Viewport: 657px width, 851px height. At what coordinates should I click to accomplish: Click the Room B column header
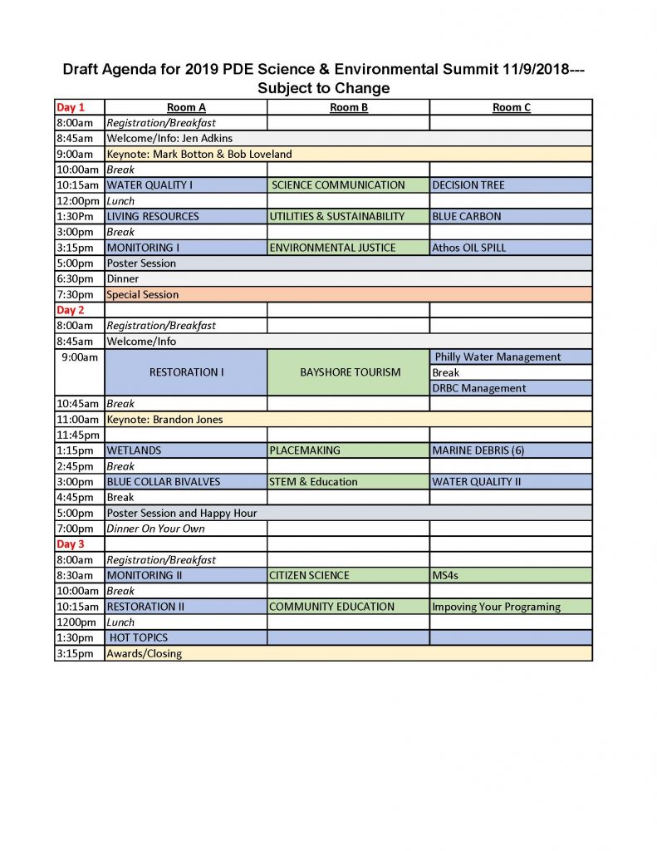coord(349,107)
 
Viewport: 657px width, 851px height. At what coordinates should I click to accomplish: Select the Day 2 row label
coord(71,310)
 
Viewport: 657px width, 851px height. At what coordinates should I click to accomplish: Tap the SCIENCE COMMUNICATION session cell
coord(338,185)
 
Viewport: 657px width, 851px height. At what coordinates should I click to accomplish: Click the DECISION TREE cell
coord(468,185)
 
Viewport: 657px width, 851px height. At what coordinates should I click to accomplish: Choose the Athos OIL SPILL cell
coord(468,248)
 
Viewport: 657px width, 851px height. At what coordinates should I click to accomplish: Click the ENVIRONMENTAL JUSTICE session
coord(332,248)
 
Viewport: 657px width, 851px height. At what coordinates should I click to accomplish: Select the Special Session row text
coord(142,294)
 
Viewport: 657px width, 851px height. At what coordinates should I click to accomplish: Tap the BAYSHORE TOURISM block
coord(350,372)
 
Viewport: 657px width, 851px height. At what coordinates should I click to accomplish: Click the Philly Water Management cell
coord(498,357)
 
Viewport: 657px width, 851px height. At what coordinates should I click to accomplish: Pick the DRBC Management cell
coord(479,388)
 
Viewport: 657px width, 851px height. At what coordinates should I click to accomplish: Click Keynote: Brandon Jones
coord(164,420)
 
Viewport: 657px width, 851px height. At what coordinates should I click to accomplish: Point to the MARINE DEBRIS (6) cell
coord(478,450)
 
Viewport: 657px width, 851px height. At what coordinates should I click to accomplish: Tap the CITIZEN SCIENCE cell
coord(309,575)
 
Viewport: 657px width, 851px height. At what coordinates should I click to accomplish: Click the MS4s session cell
coord(446,575)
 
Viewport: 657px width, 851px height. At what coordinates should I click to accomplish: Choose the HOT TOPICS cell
coord(139,637)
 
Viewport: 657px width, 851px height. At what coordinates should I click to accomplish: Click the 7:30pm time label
coord(75,294)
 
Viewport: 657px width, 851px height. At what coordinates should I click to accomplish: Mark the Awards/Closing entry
coord(144,653)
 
